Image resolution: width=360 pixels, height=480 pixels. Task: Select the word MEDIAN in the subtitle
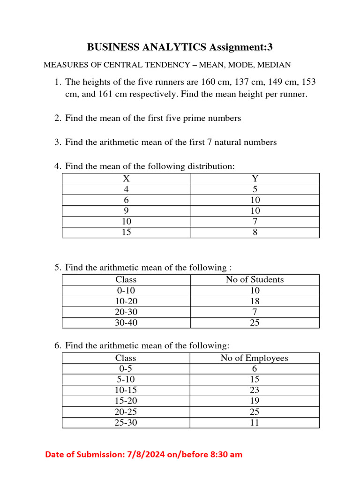click(275, 65)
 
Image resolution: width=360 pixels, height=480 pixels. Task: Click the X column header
click(126, 179)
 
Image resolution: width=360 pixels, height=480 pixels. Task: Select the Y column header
click(255, 179)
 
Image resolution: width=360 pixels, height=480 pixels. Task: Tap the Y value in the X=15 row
click(255, 232)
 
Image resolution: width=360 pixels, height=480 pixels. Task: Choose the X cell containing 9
click(126, 210)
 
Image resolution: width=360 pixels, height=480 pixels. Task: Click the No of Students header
click(255, 280)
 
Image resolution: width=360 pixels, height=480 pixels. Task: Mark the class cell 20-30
click(126, 312)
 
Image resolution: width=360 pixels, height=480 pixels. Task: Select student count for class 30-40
click(255, 322)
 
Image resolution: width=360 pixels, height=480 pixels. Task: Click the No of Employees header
click(255, 358)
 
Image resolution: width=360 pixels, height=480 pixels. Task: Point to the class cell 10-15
click(126, 390)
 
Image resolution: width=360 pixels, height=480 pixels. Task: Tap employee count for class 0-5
click(255, 369)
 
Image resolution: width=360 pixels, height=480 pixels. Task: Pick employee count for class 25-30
click(255, 422)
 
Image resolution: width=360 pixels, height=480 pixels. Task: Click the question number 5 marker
click(58, 268)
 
